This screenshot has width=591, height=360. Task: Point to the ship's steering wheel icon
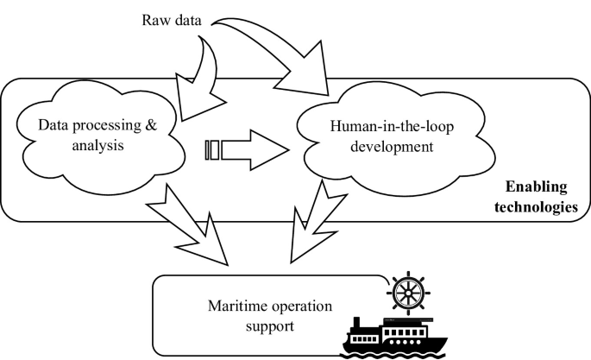point(404,290)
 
